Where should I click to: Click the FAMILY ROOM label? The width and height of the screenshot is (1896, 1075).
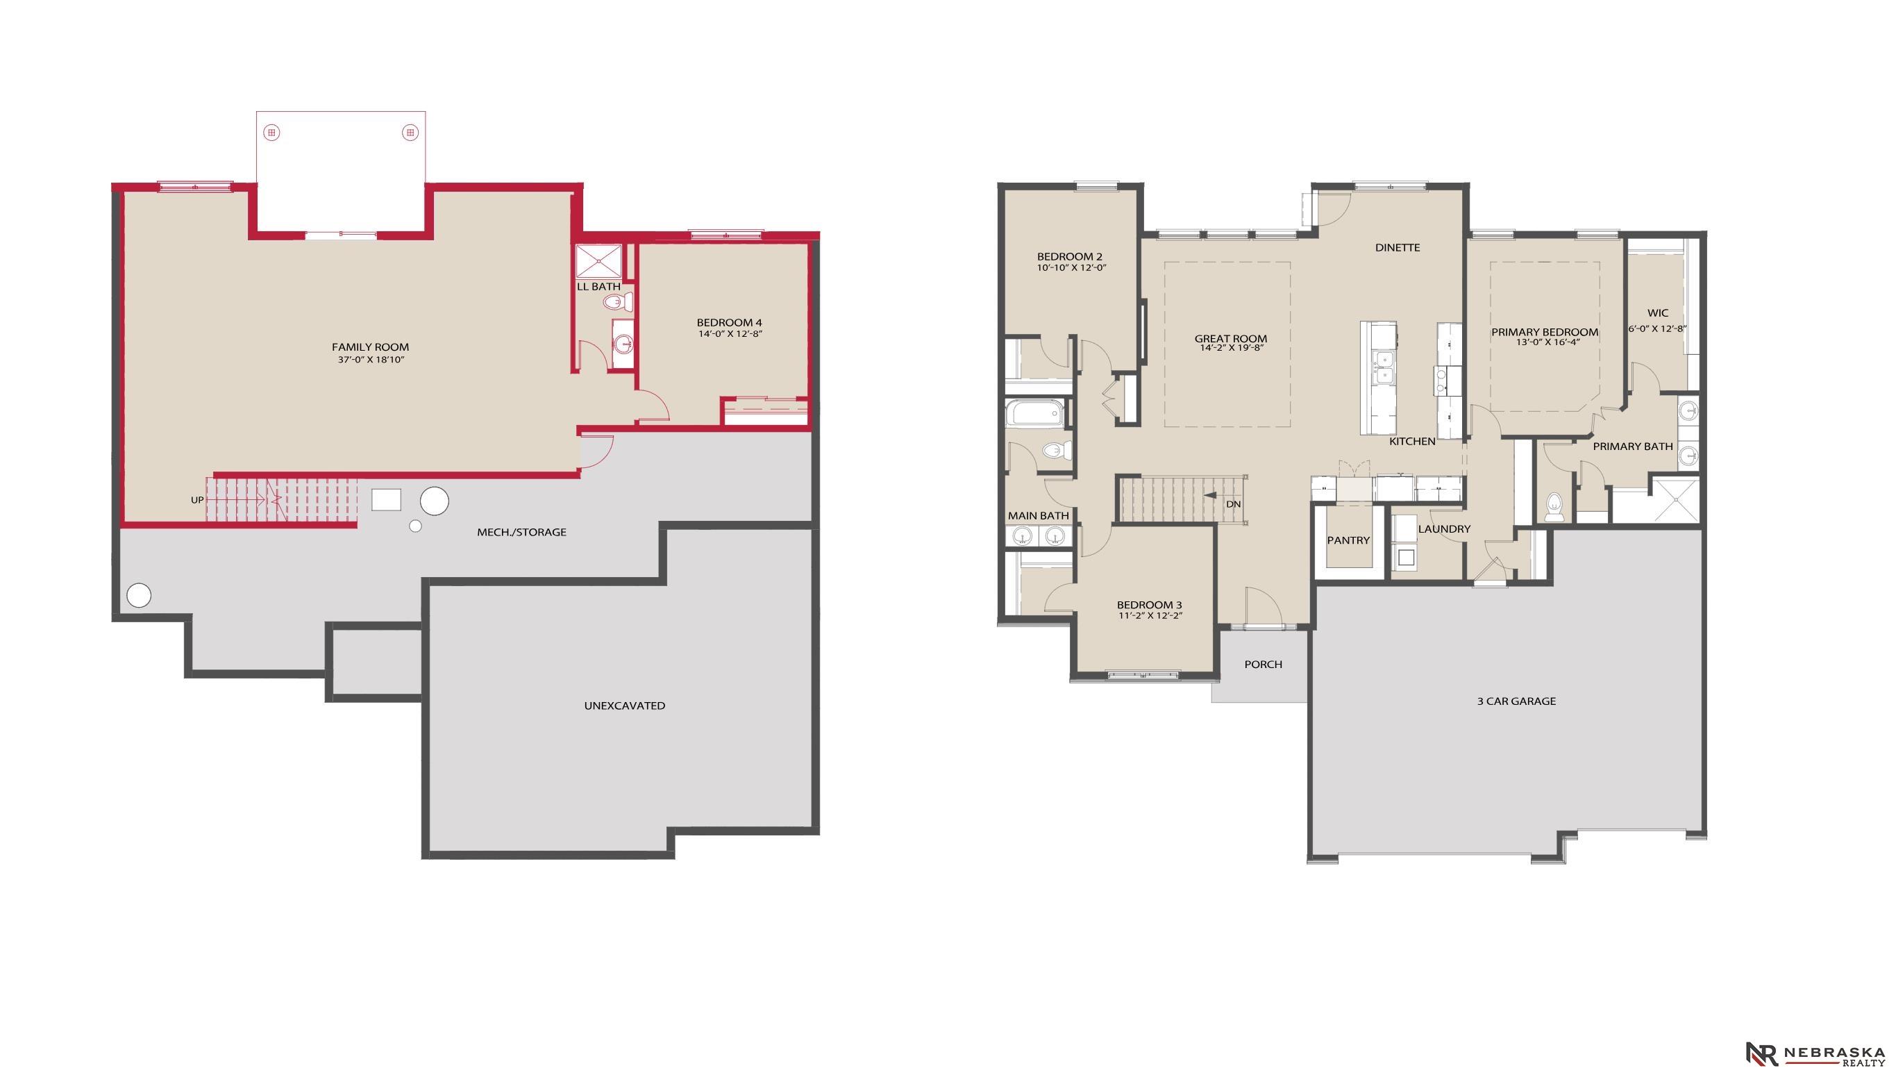[x=370, y=347]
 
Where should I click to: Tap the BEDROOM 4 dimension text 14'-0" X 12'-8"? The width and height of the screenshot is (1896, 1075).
[x=729, y=334]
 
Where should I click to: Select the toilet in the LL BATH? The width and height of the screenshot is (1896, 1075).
[x=618, y=302]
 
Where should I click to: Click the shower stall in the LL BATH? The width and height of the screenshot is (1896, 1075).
[x=598, y=260]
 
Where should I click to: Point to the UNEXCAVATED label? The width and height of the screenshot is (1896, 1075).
[x=624, y=706]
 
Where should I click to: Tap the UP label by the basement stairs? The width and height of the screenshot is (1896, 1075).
[x=197, y=501]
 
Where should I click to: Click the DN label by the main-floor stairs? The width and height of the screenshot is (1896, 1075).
[x=1233, y=504]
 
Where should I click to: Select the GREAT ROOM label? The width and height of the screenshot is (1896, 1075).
[x=1230, y=339]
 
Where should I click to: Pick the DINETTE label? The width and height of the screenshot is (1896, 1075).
[x=1397, y=248]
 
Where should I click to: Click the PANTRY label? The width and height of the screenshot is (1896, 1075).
[x=1348, y=540]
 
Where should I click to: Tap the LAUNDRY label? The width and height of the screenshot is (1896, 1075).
[x=1443, y=529]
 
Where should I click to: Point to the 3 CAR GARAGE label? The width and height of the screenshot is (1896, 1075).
[x=1516, y=701]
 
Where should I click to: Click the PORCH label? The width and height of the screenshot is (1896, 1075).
[x=1263, y=665]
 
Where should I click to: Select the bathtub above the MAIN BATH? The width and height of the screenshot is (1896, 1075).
[x=1034, y=413]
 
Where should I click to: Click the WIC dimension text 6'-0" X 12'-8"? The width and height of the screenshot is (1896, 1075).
[x=1658, y=329]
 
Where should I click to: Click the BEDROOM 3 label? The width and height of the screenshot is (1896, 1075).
[x=1149, y=606]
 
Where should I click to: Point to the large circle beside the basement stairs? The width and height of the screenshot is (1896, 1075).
[x=434, y=501]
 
